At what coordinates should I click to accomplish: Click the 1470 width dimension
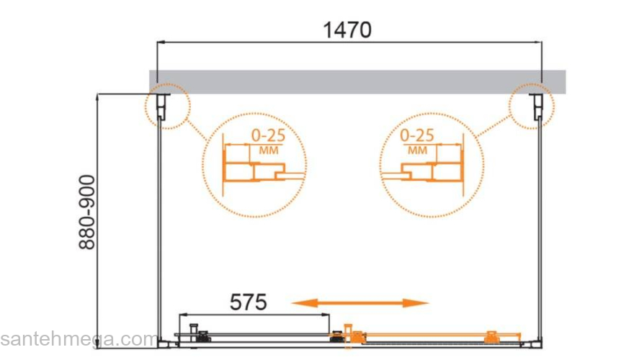pyautogui.click(x=347, y=30)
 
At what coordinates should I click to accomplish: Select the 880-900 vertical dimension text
pyautogui.click(x=87, y=212)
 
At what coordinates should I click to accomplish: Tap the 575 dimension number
pyautogui.click(x=249, y=302)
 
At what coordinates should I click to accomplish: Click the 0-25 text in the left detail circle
pyautogui.click(x=268, y=136)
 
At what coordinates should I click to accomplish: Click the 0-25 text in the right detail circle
pyautogui.click(x=417, y=135)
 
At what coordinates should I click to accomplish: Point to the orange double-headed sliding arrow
pyautogui.click(x=360, y=302)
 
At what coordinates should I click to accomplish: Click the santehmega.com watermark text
pyautogui.click(x=79, y=339)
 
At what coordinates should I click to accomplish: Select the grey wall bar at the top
pyautogui.click(x=357, y=82)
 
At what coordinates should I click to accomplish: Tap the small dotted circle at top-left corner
pyautogui.click(x=167, y=107)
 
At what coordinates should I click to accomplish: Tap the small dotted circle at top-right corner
pyautogui.click(x=532, y=107)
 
